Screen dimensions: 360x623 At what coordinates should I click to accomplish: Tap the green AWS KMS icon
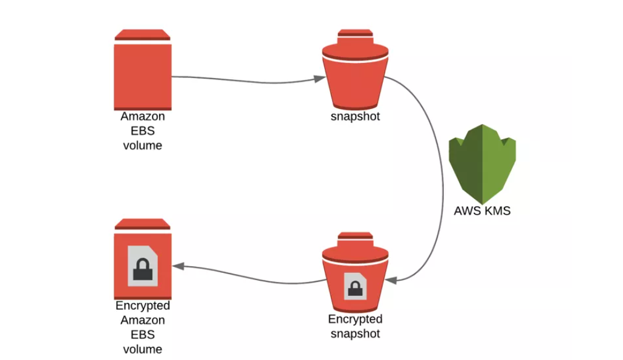tap(482, 163)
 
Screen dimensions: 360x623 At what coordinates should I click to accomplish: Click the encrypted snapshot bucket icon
tap(355, 272)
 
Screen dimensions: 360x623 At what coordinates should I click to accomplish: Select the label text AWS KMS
tap(482, 211)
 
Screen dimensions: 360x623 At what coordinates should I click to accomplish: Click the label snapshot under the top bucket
tap(355, 117)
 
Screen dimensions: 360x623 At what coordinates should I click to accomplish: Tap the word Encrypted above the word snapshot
tap(355, 319)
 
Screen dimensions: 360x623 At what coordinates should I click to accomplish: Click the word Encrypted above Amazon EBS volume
tap(143, 306)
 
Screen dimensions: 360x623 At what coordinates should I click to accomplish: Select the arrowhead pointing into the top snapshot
tap(318, 79)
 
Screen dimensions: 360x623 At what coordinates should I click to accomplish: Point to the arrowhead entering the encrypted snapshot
tap(391, 280)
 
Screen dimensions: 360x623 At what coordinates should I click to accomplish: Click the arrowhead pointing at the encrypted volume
tap(177, 266)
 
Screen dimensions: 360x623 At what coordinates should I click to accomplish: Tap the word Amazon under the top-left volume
tap(143, 116)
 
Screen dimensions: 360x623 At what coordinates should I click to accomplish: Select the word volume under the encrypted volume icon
tap(143, 349)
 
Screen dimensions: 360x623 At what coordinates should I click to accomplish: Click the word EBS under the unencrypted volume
tap(143, 131)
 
